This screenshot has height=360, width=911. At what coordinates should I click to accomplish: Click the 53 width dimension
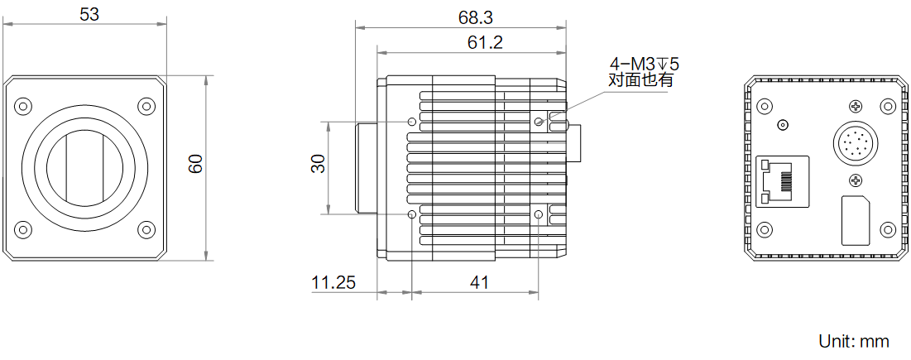point(89,15)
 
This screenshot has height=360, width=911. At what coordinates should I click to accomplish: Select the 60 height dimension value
point(196,164)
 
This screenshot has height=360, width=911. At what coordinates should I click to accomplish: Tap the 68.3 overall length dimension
point(475,18)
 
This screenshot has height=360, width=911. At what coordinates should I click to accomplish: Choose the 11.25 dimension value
point(333,283)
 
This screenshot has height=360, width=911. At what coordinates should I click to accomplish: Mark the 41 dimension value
point(478,283)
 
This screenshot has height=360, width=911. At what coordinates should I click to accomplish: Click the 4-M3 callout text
point(643,63)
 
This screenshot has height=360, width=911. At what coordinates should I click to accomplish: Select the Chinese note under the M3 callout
point(640,79)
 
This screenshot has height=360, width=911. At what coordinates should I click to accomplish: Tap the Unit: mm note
point(853,341)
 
